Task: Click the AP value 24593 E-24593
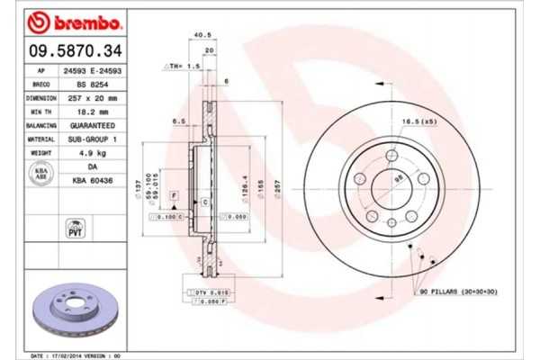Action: click(x=93, y=69)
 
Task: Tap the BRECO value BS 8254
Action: click(x=93, y=83)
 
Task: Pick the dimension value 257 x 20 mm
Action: click(x=93, y=97)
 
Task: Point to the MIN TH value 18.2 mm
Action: click(x=93, y=112)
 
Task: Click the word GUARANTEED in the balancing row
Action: click(x=93, y=126)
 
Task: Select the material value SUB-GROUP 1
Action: click(x=93, y=140)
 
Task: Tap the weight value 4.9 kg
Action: click(x=93, y=155)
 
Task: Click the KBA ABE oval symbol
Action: click(x=40, y=173)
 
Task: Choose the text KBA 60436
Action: click(x=93, y=182)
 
